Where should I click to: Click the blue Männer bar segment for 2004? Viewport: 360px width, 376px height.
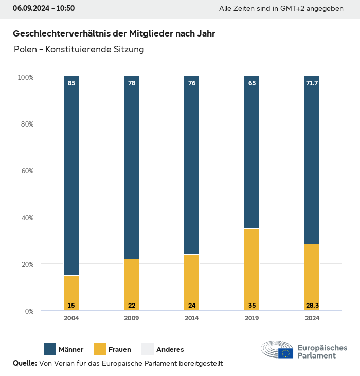(x=71, y=175)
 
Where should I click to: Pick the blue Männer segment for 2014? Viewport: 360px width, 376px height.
(x=192, y=165)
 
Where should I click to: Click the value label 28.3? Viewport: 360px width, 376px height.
(x=312, y=306)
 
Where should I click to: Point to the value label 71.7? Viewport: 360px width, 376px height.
(x=312, y=83)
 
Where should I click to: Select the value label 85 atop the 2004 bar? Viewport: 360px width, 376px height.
(x=71, y=83)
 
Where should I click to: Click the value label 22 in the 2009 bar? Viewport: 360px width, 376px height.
(x=132, y=306)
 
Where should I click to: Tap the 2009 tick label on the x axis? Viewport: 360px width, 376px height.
(x=132, y=318)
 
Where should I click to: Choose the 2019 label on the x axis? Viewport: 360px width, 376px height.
(x=252, y=318)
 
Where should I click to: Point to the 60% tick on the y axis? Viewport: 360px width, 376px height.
(x=26, y=170)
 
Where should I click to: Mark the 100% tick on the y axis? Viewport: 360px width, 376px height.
(x=25, y=77)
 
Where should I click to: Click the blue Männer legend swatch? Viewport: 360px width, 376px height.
(x=50, y=349)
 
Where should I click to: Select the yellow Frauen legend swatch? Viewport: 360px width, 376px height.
(x=99, y=349)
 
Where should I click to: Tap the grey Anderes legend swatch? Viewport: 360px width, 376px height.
(x=148, y=349)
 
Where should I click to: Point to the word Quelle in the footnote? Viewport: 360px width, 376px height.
(x=25, y=363)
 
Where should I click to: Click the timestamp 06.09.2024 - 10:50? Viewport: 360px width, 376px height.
(x=44, y=8)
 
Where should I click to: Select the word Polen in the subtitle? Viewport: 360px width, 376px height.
(x=25, y=49)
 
